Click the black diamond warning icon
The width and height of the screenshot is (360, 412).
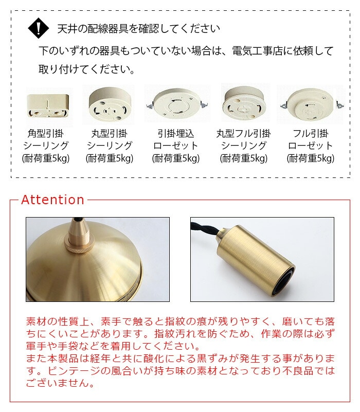39,28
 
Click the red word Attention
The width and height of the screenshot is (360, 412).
52,200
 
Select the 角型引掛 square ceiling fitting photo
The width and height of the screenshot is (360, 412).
48,106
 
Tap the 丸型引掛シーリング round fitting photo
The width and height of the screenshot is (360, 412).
110,104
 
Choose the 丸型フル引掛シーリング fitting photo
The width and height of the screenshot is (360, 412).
244,103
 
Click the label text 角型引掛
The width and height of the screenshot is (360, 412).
46,134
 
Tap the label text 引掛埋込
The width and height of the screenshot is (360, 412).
176,134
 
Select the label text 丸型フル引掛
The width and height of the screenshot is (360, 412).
244,134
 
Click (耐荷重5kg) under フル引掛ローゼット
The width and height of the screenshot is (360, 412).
311,158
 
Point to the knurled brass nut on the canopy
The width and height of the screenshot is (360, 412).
79,246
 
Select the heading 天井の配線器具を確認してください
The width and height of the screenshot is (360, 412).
138,28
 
